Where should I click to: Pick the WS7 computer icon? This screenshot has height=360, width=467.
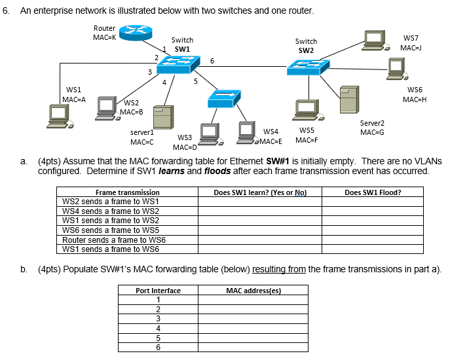(376, 40)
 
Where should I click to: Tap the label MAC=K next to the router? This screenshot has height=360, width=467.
(104, 38)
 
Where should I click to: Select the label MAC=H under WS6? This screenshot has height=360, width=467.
(415, 99)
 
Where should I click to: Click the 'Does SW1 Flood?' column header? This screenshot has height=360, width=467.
(373, 192)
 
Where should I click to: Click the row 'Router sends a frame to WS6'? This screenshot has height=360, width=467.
(113, 240)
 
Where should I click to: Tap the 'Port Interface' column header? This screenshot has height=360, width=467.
(158, 291)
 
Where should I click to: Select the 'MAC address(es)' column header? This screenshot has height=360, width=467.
(253, 291)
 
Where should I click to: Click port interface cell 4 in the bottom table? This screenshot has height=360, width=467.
(158, 329)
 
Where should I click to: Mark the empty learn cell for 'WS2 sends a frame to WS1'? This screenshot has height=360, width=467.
(260, 202)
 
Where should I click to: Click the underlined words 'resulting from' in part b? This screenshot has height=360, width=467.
(279, 269)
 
